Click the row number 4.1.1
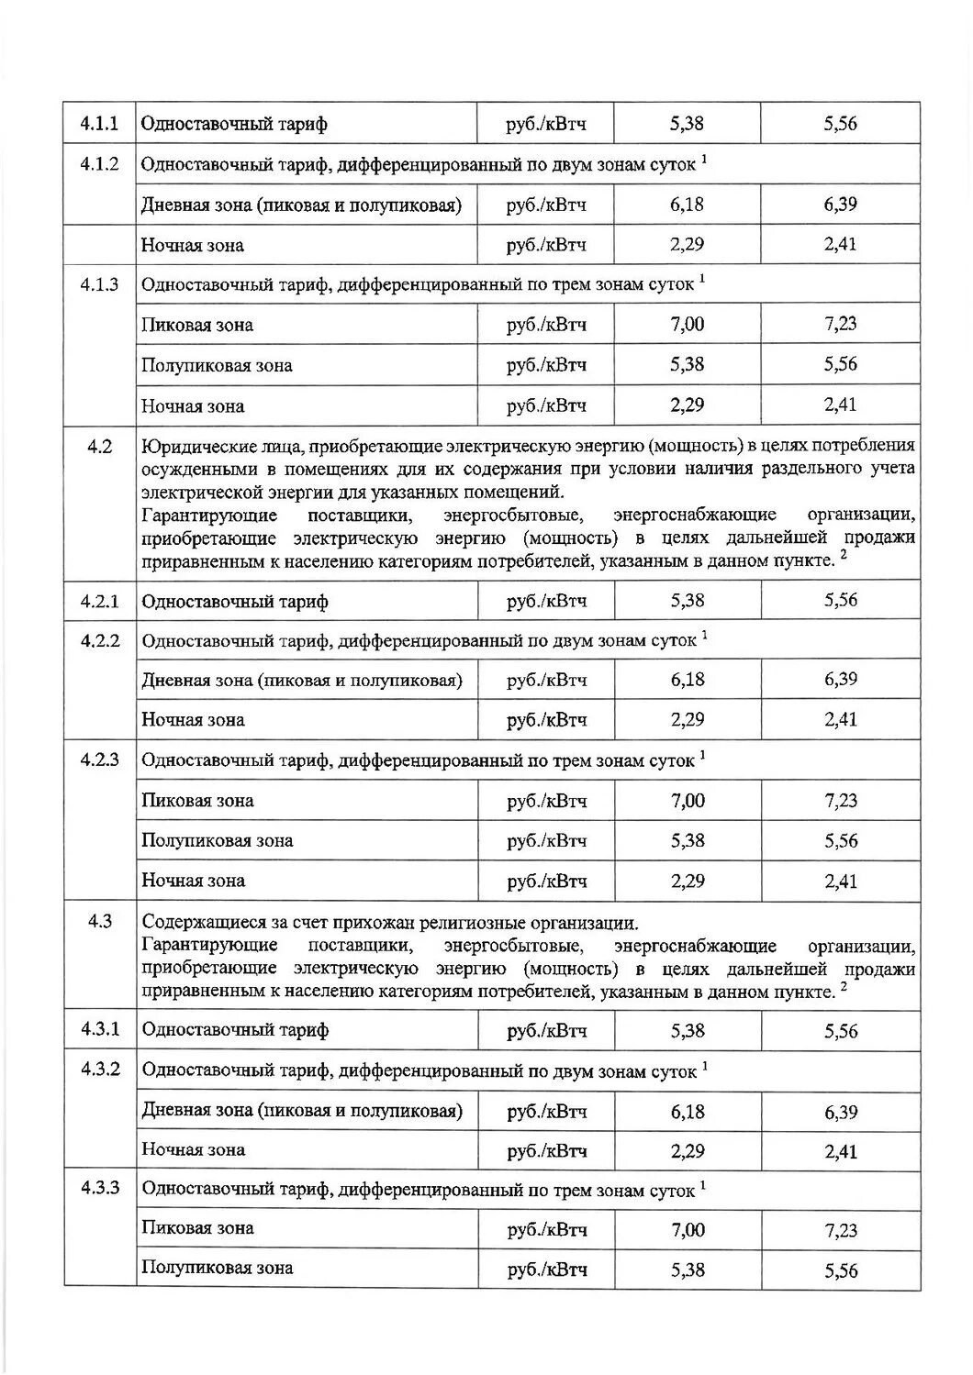[99, 124]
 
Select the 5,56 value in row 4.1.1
[840, 124]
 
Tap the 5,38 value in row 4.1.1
[687, 124]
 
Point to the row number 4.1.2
[99, 164]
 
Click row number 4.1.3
[99, 284]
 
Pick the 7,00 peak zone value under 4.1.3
[687, 325]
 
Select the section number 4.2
[99, 447]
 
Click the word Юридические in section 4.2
[194, 447]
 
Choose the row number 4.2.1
[99, 602]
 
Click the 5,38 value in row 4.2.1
[687, 601]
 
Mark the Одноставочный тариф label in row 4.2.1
[235, 602]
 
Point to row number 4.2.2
[99, 640]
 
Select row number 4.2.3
[99, 760]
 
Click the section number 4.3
[99, 922]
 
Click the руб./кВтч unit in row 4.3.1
[546, 1031]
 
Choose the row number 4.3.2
[99, 1070]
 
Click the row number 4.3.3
[99, 1189]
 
